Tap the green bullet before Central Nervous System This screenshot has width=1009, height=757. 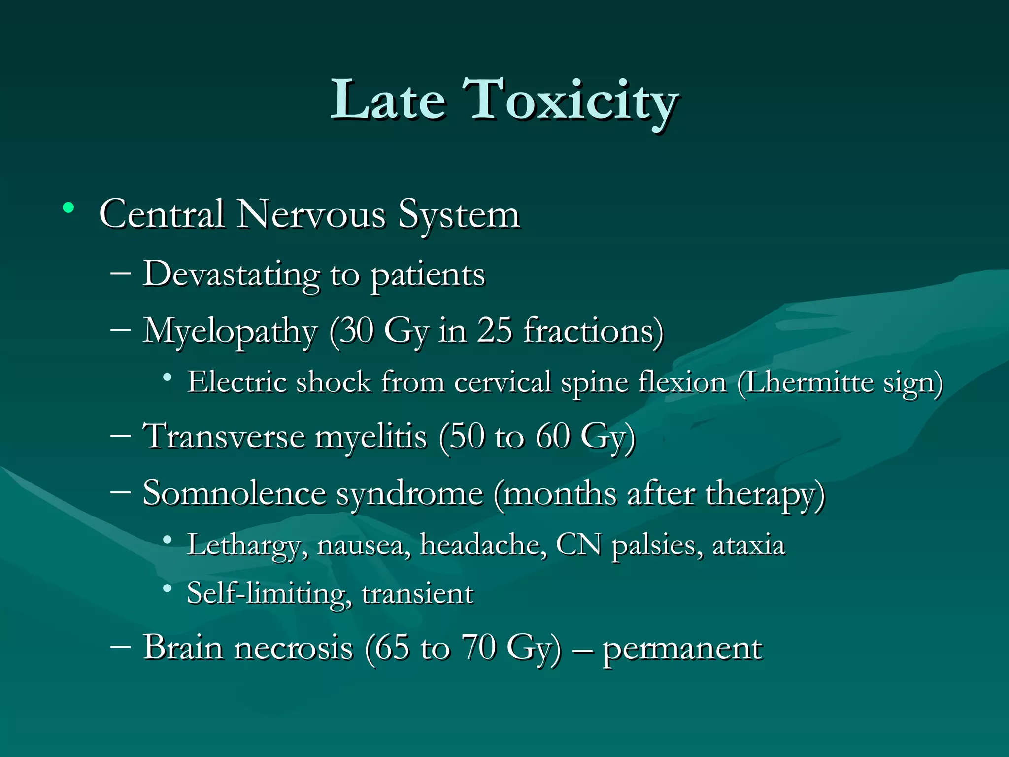68,207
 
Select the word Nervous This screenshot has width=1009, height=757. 311,215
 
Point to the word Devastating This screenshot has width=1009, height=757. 231,275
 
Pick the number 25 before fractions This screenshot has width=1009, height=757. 494,330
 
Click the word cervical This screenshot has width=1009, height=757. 502,382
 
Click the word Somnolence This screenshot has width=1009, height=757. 235,493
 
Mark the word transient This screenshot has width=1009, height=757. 417,594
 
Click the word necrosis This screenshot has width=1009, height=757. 294,648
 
